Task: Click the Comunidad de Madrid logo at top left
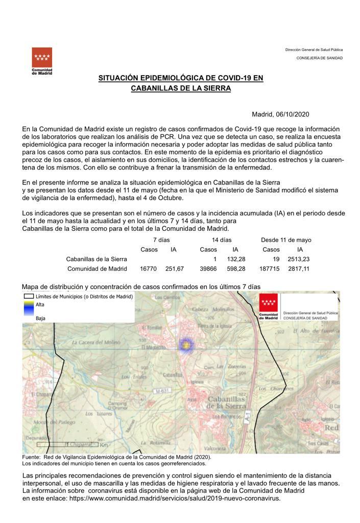click(42, 60)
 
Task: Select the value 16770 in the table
click(148, 269)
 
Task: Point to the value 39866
click(208, 269)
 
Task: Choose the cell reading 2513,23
click(299, 259)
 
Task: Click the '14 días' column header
click(222, 240)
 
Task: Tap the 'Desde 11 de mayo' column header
click(286, 240)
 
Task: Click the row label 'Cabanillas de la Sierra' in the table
click(97, 259)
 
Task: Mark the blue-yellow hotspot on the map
click(187, 346)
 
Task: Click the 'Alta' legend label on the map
click(40, 304)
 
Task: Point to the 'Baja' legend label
click(40, 318)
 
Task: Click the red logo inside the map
click(269, 305)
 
